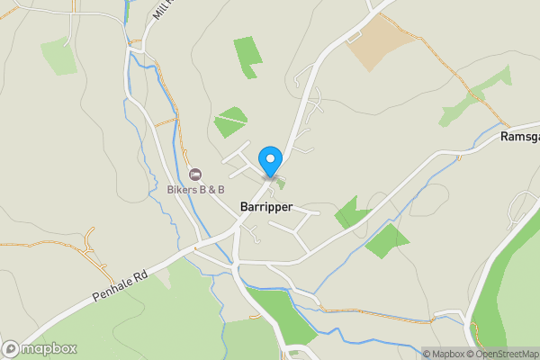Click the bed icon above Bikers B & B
click(x=194, y=173)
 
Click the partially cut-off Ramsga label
click(x=519, y=137)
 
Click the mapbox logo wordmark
click(x=48, y=348)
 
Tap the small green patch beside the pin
click(x=281, y=184)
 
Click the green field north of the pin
click(x=231, y=121)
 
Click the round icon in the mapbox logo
click(x=11, y=348)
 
